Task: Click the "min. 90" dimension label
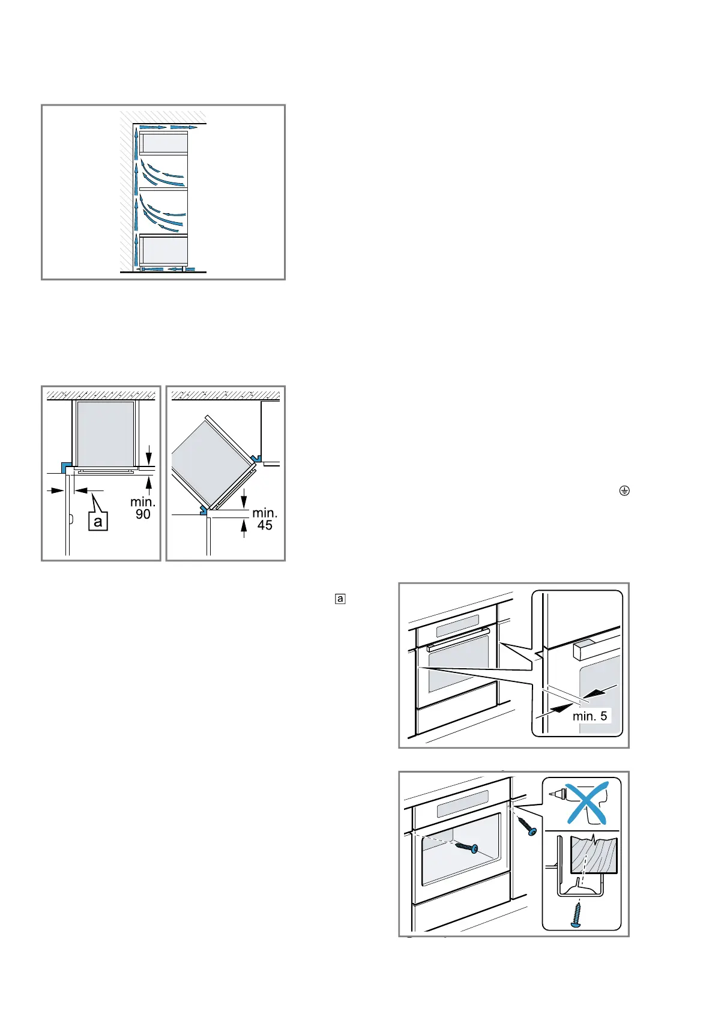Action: click(x=143, y=508)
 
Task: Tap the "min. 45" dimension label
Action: click(x=265, y=519)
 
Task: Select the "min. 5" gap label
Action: click(x=590, y=716)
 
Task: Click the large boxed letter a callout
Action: click(x=98, y=521)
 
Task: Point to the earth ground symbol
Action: click(x=624, y=491)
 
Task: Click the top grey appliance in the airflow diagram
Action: click(x=164, y=143)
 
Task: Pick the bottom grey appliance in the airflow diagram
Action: click(x=164, y=250)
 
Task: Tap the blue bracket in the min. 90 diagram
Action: click(x=65, y=466)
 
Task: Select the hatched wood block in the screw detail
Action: click(x=594, y=856)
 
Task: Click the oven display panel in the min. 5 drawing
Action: click(x=457, y=625)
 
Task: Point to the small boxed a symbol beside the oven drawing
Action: click(x=340, y=599)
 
